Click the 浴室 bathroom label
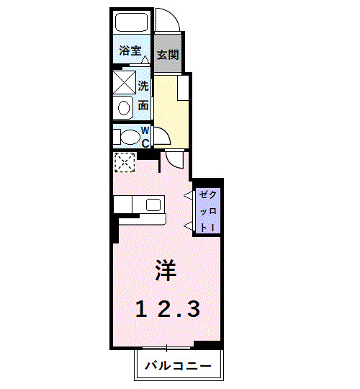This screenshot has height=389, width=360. (130, 53)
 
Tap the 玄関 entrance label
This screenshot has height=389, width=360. (168, 55)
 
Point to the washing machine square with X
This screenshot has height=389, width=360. (124, 82)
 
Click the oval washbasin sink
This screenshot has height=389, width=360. (124, 108)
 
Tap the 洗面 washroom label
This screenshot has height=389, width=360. (143, 95)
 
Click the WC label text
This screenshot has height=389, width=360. (145, 136)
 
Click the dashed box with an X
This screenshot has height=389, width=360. (125, 163)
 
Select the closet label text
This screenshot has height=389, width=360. (207, 209)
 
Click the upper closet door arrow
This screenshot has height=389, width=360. (189, 195)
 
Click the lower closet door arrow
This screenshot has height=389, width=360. (189, 227)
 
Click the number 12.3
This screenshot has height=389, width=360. (168, 309)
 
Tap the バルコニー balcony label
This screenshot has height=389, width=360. (178, 366)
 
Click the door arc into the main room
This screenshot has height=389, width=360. (175, 158)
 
